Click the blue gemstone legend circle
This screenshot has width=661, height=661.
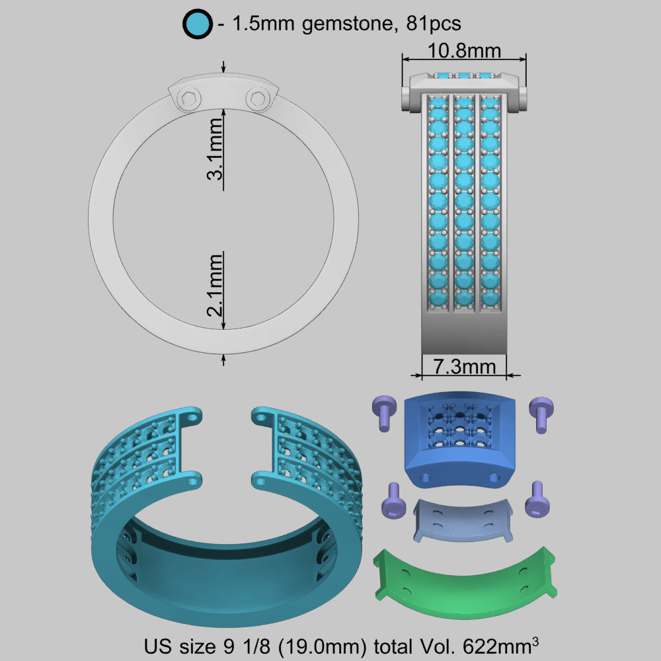(x=197, y=24)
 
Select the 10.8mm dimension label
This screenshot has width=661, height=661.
(x=463, y=51)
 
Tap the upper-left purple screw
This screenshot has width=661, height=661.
(x=384, y=412)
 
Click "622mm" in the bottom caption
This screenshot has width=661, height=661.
(x=504, y=644)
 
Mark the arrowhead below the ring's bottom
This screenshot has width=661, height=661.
(x=225, y=359)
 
